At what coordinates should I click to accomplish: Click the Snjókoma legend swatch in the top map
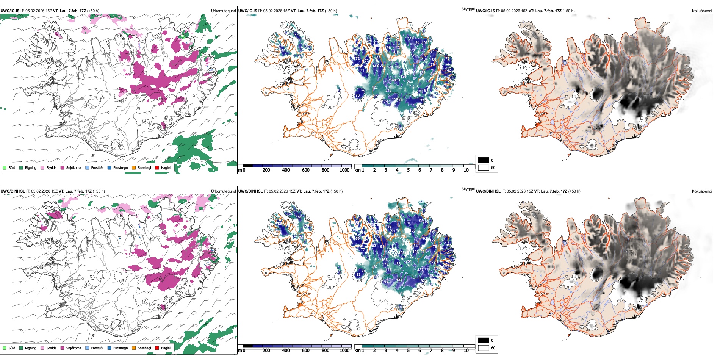63,167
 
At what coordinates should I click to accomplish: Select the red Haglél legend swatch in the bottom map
157,348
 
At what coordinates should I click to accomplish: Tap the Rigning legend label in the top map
31,167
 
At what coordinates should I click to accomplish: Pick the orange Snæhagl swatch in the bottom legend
134,348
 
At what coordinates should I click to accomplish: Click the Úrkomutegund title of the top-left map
223,11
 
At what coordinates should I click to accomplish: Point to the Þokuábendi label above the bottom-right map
702,191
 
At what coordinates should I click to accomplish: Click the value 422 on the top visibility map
374,88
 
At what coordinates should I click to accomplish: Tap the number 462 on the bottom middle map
374,267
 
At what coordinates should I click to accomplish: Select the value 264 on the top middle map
410,82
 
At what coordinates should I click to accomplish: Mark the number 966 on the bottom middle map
405,241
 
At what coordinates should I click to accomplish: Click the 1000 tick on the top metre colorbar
344,170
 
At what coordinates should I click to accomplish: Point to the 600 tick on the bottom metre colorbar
305,351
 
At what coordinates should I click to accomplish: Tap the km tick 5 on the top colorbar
408,170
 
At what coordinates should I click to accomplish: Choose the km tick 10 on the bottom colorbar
466,351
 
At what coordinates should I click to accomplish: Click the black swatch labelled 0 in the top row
484,160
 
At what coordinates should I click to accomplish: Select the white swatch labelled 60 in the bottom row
484,348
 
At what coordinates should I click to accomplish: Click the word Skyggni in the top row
468,9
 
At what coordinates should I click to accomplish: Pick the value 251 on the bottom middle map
409,261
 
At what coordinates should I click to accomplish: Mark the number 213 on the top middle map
388,91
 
